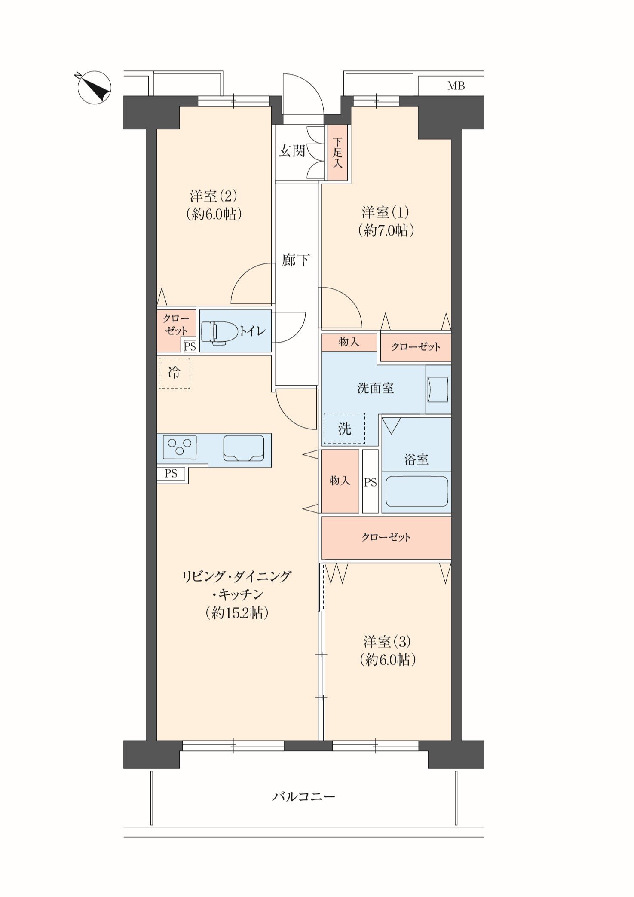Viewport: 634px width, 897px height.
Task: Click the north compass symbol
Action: tap(94, 87)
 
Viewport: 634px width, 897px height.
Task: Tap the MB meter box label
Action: tap(456, 86)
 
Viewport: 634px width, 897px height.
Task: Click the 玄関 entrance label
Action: tap(292, 151)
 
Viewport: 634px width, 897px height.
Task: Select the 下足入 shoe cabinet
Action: tap(338, 153)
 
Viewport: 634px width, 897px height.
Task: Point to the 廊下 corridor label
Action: tap(296, 260)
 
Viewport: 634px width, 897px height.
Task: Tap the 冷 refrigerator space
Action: tap(174, 373)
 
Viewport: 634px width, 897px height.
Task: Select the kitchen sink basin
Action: tap(244, 448)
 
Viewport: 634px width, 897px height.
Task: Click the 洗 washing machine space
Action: tap(344, 429)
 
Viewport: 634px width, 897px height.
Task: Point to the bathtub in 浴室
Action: tap(417, 491)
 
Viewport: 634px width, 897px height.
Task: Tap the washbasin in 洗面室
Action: tap(438, 389)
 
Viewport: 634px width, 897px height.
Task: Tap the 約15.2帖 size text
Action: tap(237, 612)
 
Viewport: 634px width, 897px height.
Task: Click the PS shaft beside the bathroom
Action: tap(370, 481)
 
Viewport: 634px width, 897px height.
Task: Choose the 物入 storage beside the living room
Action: tap(340, 481)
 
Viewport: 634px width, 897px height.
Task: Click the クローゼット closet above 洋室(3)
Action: tap(386, 538)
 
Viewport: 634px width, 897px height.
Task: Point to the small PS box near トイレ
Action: tap(190, 346)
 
